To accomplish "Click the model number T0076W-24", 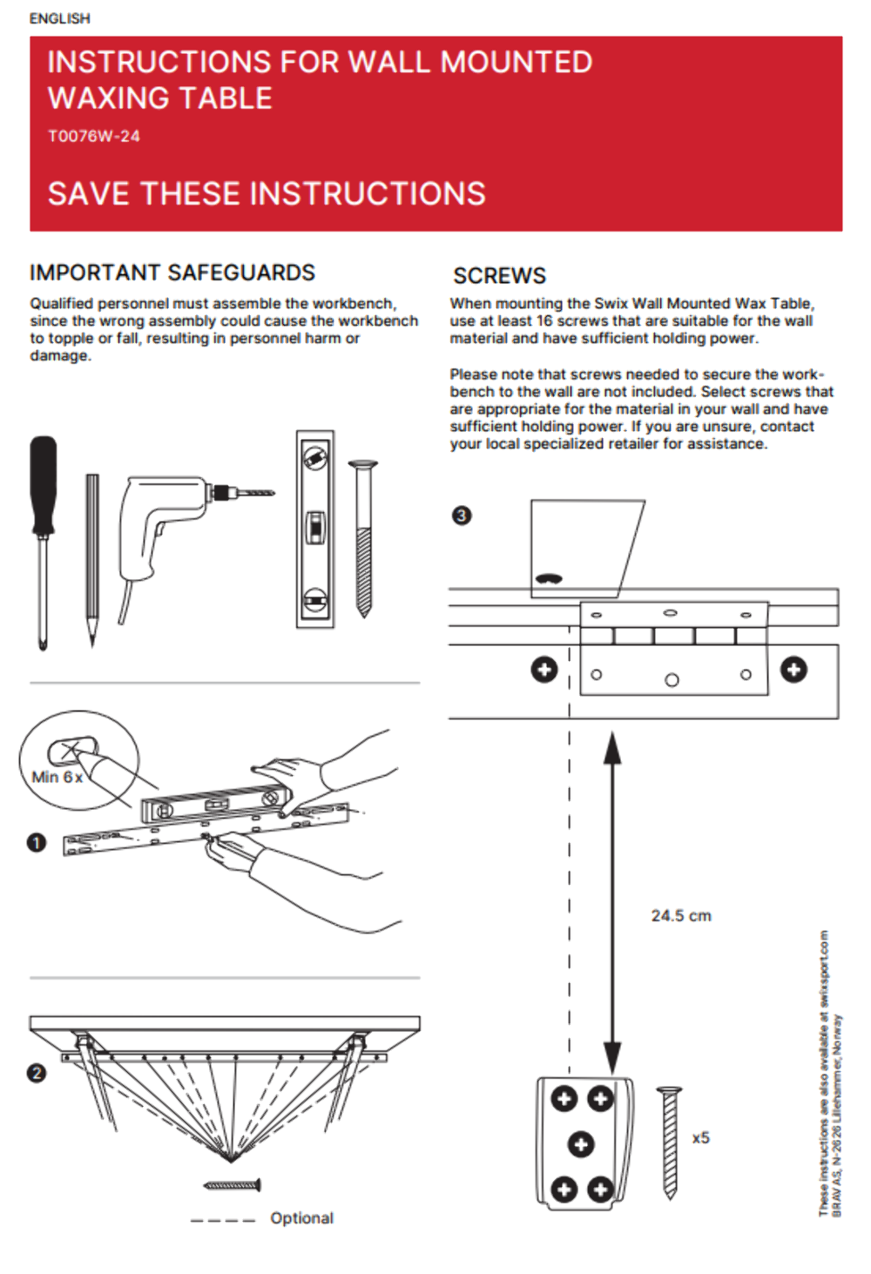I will click(93, 136).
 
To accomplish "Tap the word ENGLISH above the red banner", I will click(59, 18).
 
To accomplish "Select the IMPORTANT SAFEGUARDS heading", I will click(172, 273).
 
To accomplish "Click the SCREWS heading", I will click(499, 276).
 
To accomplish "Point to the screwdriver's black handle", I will click(44, 483).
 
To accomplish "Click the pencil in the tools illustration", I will click(92, 557).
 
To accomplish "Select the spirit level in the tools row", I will click(314, 529).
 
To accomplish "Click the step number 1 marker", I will click(37, 843).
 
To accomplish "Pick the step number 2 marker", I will click(37, 1073).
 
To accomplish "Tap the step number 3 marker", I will click(462, 516).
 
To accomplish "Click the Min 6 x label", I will click(57, 777).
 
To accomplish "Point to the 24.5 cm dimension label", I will click(681, 916).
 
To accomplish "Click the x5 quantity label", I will click(701, 1138).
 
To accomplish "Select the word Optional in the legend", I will click(301, 1218).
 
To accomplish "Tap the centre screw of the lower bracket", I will click(582, 1143).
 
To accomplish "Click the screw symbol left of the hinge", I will click(544, 670).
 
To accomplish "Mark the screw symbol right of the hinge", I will click(793, 670).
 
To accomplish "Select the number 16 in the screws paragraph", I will click(544, 320).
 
